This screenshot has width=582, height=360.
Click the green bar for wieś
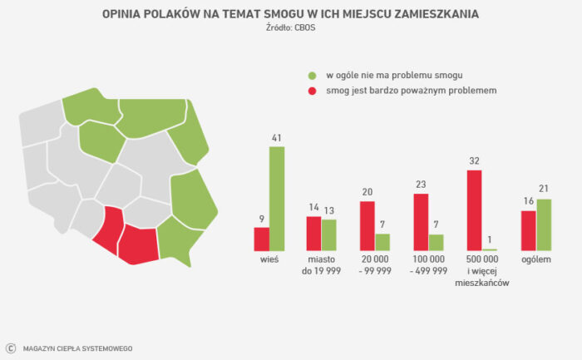coord(277,199)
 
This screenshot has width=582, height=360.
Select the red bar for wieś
coord(262,239)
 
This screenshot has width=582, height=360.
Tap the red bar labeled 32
coord(475,210)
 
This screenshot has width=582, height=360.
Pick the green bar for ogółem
coord(544,225)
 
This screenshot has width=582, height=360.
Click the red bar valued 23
coord(421,222)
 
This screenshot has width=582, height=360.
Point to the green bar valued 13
coord(329,235)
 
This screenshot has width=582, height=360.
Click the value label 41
coord(277,138)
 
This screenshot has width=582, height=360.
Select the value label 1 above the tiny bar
coord(490,239)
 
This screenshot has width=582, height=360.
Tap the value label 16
coord(529,201)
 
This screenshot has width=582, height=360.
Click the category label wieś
coord(269,259)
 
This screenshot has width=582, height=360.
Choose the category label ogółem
coord(536,259)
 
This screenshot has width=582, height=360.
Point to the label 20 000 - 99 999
coord(375,265)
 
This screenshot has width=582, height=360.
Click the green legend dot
coord(312,76)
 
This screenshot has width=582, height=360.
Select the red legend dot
coord(312,91)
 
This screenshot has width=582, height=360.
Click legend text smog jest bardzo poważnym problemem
coord(412,91)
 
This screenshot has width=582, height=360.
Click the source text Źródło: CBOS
coord(291,27)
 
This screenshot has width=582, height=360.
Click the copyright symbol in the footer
coord(11,348)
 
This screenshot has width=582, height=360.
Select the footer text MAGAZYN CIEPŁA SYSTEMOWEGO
coord(77,349)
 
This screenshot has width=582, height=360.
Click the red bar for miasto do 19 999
coord(313,234)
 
